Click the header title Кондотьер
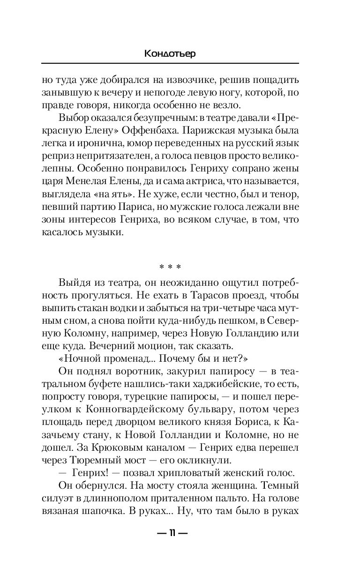[x=170, y=54]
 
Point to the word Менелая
[x=101, y=180]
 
